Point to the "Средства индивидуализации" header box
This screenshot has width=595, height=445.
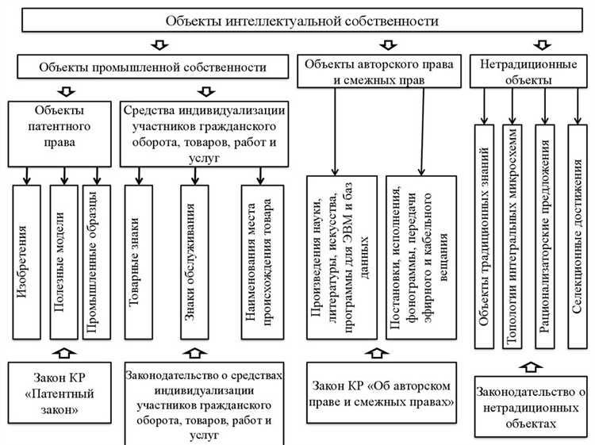pos(205,132)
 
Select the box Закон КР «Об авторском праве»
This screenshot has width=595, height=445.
pos(382,393)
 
